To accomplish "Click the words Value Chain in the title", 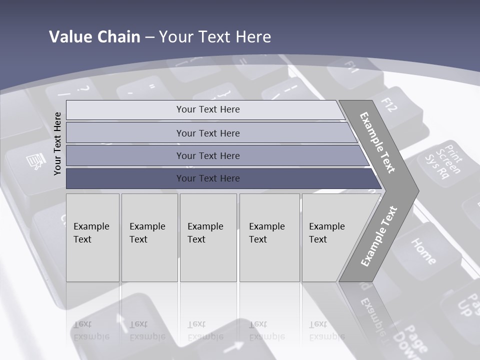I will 94,37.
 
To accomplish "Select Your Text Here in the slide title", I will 215,37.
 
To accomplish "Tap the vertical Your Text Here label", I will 57,143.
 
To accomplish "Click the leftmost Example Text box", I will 92,237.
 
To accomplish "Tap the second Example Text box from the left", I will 149,237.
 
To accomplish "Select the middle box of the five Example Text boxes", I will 208,237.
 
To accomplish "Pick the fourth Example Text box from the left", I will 269,237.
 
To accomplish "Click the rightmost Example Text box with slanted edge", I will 330,237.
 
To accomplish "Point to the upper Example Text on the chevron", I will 377,142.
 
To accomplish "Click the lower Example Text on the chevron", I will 379,236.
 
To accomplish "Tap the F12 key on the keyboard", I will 395,107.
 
